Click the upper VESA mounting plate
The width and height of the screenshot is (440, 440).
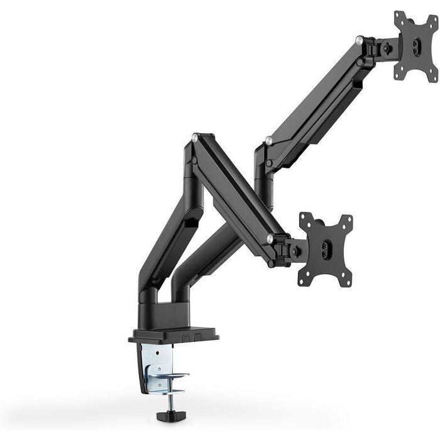pos(415,47)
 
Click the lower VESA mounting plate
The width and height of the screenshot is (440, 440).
pos(326,249)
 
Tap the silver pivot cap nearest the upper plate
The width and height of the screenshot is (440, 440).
pos(359,40)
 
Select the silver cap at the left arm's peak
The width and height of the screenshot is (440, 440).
pos(195,136)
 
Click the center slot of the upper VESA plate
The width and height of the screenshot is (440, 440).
pos(416,47)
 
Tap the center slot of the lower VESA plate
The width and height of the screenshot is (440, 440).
pos(326,250)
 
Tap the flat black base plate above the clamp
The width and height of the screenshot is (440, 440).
pos(173,336)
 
